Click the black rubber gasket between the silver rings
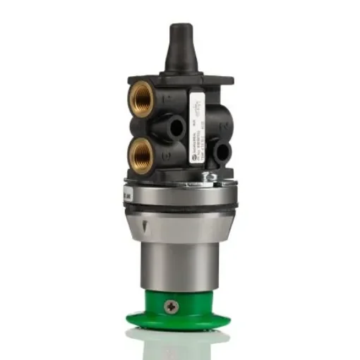click(x=180, y=207)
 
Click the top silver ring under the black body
click(x=180, y=193)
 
